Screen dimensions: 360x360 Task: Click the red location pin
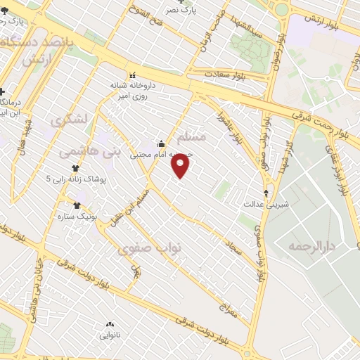[x=181, y=166]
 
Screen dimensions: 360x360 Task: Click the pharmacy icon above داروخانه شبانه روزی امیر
[x=131, y=75]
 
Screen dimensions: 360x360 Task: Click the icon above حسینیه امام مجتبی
[x=161, y=145]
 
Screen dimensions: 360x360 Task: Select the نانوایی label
[x=110, y=335]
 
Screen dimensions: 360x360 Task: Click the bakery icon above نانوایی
[x=110, y=325]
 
